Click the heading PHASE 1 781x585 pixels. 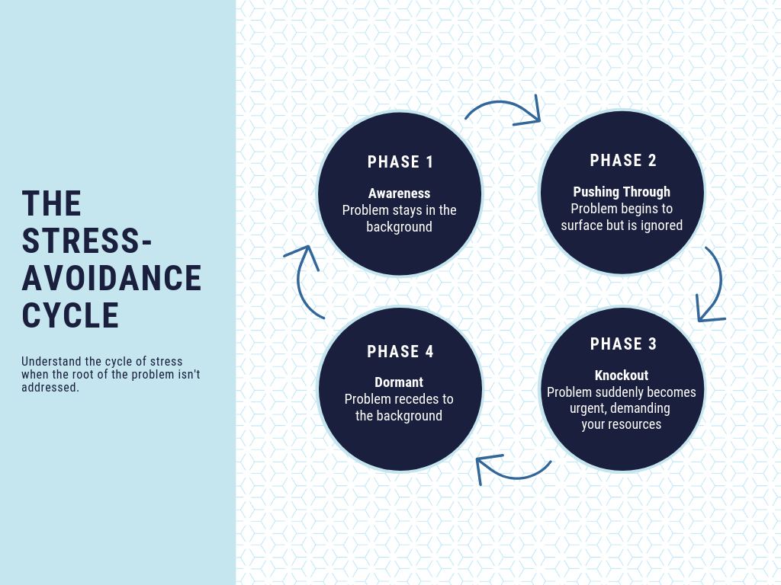pos(400,161)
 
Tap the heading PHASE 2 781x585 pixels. pos(623,160)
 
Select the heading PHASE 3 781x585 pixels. pos(623,344)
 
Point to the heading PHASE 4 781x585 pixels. pos(400,351)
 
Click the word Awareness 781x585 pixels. pos(400,193)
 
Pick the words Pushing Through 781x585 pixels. pos(622,191)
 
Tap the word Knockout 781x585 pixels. pos(622,375)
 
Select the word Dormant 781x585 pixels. pos(399,382)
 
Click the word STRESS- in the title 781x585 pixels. pos(87,241)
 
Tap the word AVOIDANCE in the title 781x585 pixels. pos(111,278)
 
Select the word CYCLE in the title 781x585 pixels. pos(70,315)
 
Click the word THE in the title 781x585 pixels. pos(51,203)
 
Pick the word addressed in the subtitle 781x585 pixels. pos(50,388)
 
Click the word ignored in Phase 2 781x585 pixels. pos(661,225)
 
